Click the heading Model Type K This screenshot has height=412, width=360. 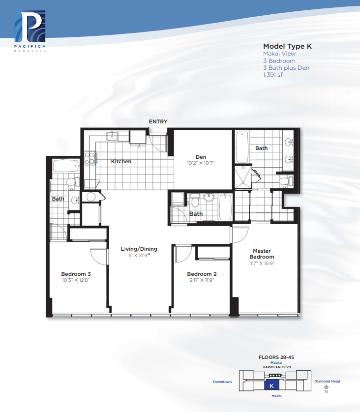point(287,46)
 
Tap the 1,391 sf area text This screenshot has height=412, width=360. point(273,75)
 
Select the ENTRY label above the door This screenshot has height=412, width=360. point(158,121)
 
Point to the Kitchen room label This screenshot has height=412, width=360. point(121,161)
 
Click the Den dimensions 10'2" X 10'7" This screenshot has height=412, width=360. point(201,163)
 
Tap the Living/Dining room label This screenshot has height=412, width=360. point(139,249)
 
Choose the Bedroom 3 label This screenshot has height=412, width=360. point(76,274)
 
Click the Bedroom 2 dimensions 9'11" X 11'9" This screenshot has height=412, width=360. point(202,280)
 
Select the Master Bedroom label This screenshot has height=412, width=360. point(262,254)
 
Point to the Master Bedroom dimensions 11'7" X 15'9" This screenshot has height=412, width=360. point(262,264)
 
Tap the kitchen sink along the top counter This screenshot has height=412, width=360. point(112,136)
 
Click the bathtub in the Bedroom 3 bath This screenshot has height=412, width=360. point(66,166)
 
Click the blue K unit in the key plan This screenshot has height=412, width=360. point(271,385)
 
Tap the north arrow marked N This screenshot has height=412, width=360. point(326,389)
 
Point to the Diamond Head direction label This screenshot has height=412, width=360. point(327,381)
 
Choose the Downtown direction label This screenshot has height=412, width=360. point(222,382)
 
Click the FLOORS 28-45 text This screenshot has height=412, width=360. point(276,357)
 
